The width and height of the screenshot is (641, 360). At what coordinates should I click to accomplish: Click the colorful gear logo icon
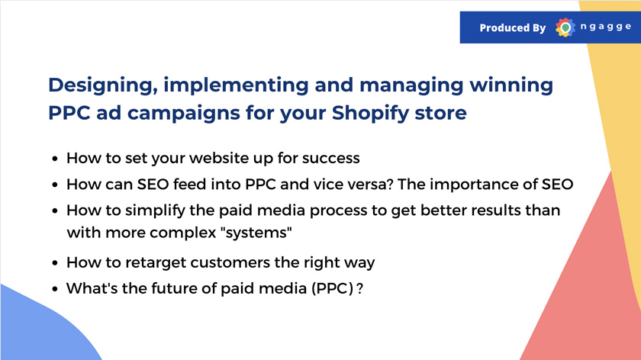pyautogui.click(x=565, y=27)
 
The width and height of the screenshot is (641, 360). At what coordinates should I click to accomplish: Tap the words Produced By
pyautogui.click(x=513, y=27)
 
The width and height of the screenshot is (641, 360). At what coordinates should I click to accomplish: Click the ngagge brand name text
pyautogui.click(x=606, y=27)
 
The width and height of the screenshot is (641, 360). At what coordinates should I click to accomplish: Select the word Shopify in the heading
pyautogui.click(x=370, y=113)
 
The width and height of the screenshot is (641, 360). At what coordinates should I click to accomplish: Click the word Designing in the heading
pyautogui.click(x=103, y=85)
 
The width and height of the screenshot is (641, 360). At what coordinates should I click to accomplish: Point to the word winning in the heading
pyautogui.click(x=511, y=85)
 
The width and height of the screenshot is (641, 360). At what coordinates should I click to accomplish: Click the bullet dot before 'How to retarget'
pyautogui.click(x=55, y=262)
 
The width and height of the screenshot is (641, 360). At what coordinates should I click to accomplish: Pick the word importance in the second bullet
pyautogui.click(x=474, y=185)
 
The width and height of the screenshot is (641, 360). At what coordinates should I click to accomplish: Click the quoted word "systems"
pyautogui.click(x=256, y=233)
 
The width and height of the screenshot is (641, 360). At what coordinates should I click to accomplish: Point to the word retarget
pyautogui.click(x=156, y=262)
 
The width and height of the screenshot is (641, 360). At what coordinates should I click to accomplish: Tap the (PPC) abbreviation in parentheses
pyautogui.click(x=333, y=288)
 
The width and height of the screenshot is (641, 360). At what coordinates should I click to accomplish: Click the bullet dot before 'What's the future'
pyautogui.click(x=55, y=289)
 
